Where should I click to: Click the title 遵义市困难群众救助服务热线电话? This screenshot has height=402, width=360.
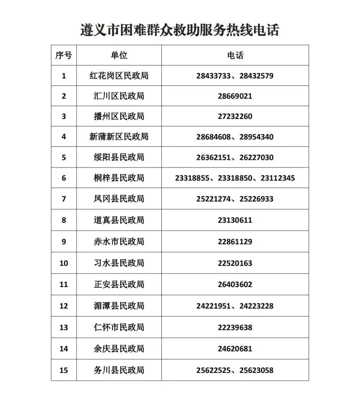click(x=180, y=30)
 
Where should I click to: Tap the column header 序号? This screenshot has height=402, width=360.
click(x=64, y=55)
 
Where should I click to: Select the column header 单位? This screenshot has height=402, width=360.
click(x=119, y=55)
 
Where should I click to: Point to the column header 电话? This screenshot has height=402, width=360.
click(x=235, y=55)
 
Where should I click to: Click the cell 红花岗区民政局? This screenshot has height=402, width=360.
click(x=119, y=76)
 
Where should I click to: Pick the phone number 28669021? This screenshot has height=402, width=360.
click(x=235, y=96)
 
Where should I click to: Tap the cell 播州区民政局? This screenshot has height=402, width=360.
click(x=119, y=116)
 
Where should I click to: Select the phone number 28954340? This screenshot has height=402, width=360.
click(x=256, y=137)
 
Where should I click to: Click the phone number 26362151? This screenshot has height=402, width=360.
click(x=213, y=158)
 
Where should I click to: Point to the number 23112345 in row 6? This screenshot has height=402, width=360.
click(x=278, y=178)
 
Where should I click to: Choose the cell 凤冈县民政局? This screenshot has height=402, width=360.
click(x=119, y=199)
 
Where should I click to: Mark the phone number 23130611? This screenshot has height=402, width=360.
click(x=235, y=220)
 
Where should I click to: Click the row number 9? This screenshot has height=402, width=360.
click(x=64, y=241)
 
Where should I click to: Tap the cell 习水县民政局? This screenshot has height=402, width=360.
click(x=119, y=263)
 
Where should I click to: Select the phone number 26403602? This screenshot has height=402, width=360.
click(x=235, y=284)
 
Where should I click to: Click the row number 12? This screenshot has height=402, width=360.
click(x=64, y=306)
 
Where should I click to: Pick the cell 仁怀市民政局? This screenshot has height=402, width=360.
click(x=119, y=327)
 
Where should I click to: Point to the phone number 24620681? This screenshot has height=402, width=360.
click(x=235, y=349)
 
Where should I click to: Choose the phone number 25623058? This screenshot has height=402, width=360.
click(x=256, y=370)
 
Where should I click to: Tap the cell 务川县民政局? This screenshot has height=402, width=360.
click(x=119, y=370)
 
